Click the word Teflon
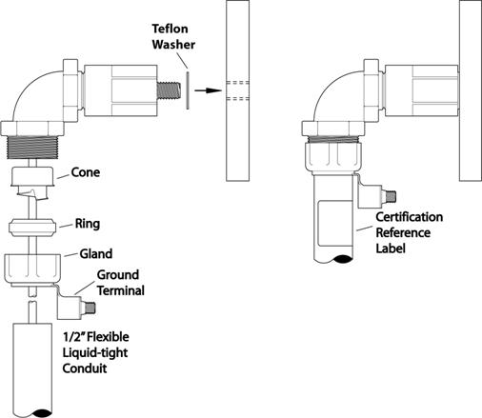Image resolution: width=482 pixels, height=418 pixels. coord(170,29)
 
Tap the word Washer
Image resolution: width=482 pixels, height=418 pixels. coord(173,45)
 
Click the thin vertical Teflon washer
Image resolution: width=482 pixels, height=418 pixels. coord(188,90)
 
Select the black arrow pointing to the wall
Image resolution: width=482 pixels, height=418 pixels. coord(208,90)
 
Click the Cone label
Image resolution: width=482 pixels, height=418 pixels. coord(86,172)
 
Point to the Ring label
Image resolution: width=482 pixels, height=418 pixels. coord(88,224)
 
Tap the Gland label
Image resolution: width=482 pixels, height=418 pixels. coord(96,254)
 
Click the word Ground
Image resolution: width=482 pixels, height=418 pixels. coord(118,275)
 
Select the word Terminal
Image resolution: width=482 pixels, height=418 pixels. coord(121,290)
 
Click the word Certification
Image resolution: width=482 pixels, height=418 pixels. coord(410,217)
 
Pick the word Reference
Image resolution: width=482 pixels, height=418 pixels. coord(403,232)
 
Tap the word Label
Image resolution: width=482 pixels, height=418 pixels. coord(391,248)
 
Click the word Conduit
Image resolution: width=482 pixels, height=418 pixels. coord(85,368)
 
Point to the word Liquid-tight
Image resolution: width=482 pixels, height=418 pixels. coord(95,353)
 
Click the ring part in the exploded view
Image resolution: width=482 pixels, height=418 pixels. coord(32,228)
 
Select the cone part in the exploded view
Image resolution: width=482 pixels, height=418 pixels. coord(32,182)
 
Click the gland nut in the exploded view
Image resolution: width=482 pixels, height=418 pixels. coord(32,269)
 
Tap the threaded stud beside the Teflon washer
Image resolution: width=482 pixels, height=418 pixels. coord(169,90)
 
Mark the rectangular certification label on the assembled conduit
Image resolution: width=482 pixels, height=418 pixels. coord(335,223)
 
